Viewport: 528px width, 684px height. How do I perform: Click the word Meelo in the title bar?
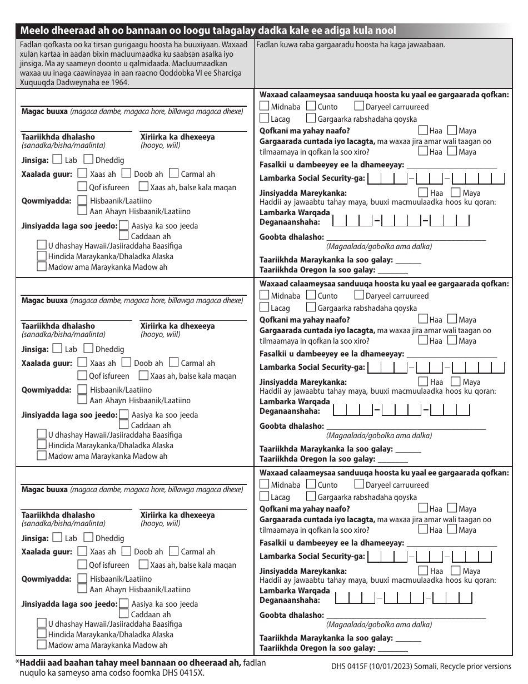pos(34,31)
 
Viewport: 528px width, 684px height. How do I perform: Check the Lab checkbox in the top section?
pos(57,160)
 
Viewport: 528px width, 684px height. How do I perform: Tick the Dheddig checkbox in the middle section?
pos(88,349)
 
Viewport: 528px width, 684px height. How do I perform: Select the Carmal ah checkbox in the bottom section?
pos(173,552)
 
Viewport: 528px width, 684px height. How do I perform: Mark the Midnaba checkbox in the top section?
pos(265,106)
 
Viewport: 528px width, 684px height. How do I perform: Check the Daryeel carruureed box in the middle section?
pos(359,295)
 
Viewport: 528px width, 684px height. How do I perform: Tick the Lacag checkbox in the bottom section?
pos(265,497)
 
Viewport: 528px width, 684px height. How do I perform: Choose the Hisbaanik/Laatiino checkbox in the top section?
pos(83,201)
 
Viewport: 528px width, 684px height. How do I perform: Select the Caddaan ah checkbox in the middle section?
pos(124,425)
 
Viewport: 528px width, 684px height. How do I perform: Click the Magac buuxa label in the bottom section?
pos(44,490)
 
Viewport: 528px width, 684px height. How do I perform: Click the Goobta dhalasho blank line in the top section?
pos(406,238)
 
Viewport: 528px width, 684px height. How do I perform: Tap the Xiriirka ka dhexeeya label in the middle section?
pos(177,326)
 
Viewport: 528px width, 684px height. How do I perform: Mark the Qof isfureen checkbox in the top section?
pos(83,187)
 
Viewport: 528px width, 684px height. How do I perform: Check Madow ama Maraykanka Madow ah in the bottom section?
pos(42,645)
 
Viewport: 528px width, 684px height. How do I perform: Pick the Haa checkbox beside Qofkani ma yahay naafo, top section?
pos(423,130)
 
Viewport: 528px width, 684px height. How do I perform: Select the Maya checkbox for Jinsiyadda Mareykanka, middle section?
pos(456,381)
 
